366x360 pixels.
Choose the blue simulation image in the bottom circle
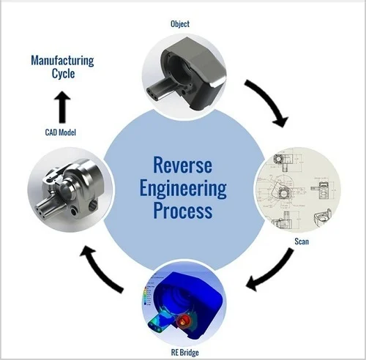click(x=183, y=304)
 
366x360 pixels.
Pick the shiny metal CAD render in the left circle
click(x=62, y=187)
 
